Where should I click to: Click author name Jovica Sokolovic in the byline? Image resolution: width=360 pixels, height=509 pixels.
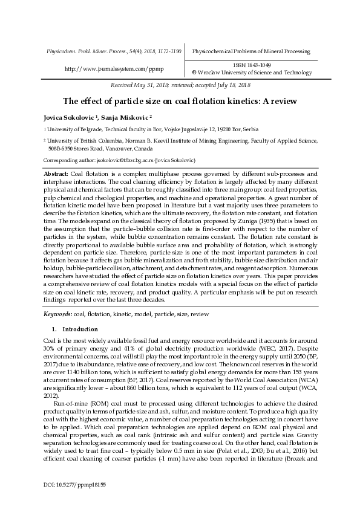(63, 117)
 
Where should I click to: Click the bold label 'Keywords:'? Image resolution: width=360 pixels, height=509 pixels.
(58, 315)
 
